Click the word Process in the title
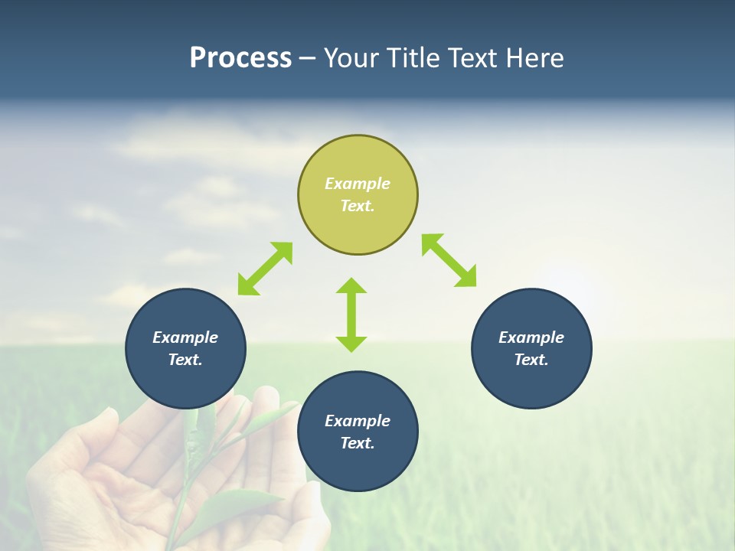[x=240, y=58]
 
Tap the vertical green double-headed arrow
[x=351, y=315]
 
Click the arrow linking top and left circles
[x=265, y=269]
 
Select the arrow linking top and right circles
[x=449, y=260]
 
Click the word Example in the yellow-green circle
[x=358, y=184]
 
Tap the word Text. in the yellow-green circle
[x=358, y=206]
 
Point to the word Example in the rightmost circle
[x=531, y=337]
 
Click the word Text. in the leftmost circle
[x=185, y=360]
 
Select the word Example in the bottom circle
[x=358, y=421]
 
